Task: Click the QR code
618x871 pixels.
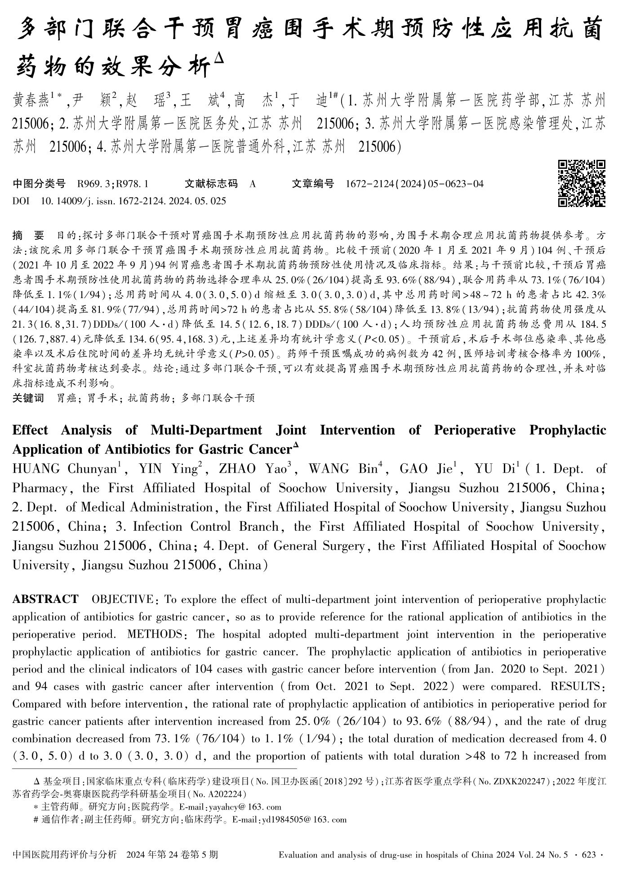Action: pyautogui.click(x=582, y=184)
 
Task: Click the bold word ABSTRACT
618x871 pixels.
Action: pyautogui.click(x=45, y=599)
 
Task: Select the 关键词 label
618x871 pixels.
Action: pyautogui.click(x=28, y=398)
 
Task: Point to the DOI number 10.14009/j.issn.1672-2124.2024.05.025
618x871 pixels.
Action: pyautogui.click(x=133, y=201)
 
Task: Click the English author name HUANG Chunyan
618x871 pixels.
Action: pyautogui.click(x=64, y=469)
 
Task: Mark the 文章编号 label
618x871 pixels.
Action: pyautogui.click(x=312, y=184)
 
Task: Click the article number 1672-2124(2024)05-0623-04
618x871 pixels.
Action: pyautogui.click(x=414, y=184)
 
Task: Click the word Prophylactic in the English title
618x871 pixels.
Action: pyautogui.click(x=568, y=430)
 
